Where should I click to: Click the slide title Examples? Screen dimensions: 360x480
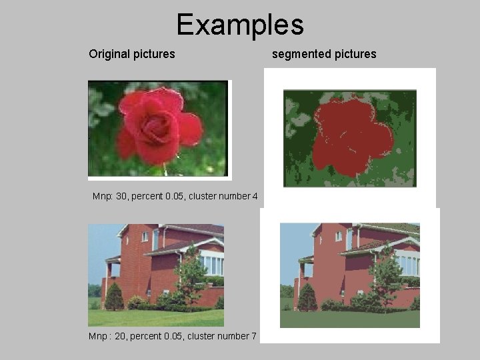(240, 25)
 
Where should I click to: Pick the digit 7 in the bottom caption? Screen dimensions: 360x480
(253, 336)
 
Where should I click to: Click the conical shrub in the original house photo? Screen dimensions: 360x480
(114, 297)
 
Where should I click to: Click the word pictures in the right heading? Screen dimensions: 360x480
(353, 53)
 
